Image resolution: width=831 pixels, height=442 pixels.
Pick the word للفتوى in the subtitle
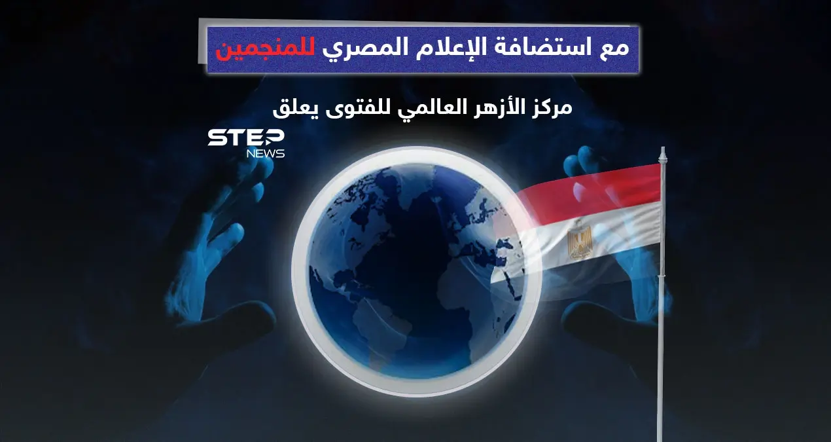pos(356,107)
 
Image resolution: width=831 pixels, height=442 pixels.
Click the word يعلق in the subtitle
pos(294,107)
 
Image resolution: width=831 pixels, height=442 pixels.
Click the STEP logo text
pos(245,138)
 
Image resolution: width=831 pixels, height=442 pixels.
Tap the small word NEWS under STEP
pos(265,154)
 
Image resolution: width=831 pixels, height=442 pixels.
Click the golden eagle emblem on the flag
pos(579,240)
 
